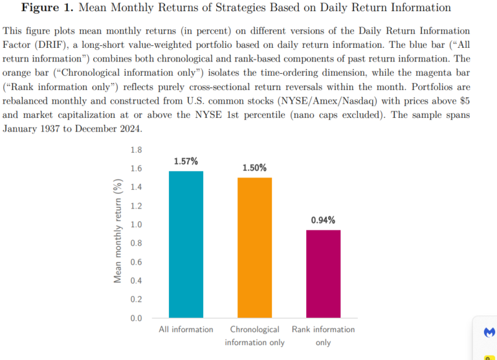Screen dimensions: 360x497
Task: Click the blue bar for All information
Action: pyautogui.click(x=186, y=245)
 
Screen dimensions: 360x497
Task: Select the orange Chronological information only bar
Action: pyautogui.click(x=254, y=248)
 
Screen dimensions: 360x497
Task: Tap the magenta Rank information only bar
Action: pyautogui.click(x=323, y=274)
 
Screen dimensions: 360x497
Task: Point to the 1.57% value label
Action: pyautogui.click(x=186, y=161)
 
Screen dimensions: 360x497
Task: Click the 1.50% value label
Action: pyautogui.click(x=254, y=168)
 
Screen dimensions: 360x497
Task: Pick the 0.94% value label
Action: pyautogui.click(x=323, y=220)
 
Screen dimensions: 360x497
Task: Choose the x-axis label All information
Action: pyautogui.click(x=186, y=330)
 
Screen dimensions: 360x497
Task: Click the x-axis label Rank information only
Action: pyautogui.click(x=323, y=335)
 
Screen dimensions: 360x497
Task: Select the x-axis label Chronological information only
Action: pyautogui.click(x=254, y=335)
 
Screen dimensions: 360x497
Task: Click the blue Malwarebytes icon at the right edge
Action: pyautogui.click(x=489, y=332)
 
